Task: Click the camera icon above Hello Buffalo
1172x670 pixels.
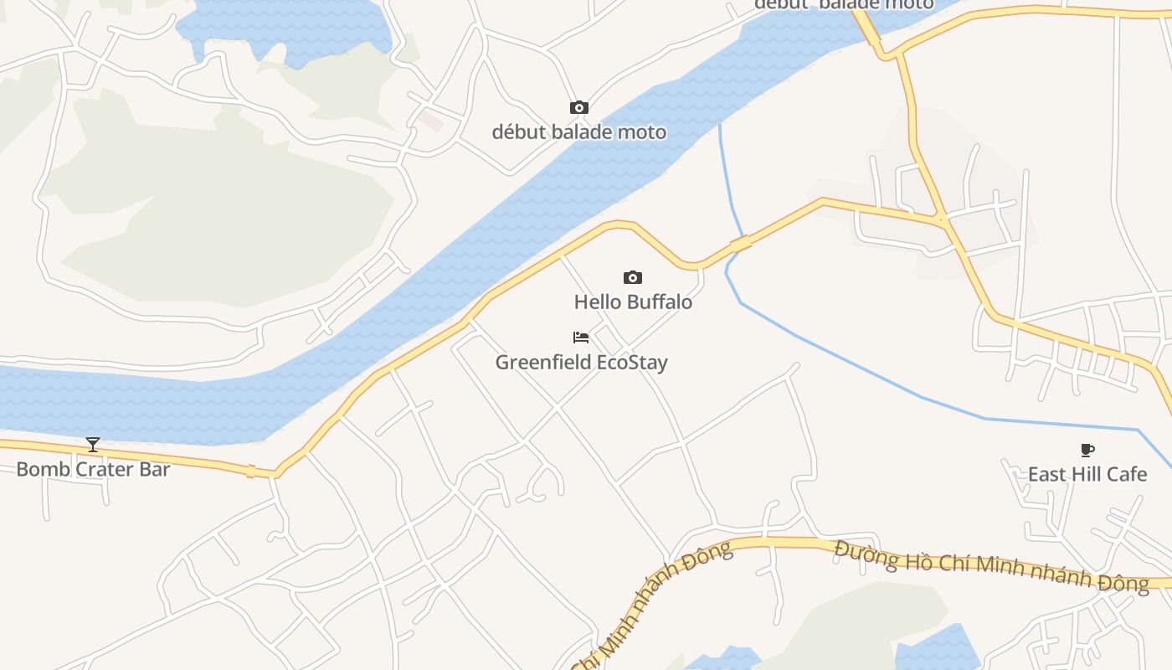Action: click(633, 277)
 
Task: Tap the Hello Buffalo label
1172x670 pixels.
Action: click(633, 302)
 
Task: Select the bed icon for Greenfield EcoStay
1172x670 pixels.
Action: click(581, 338)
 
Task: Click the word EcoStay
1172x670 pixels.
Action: click(632, 363)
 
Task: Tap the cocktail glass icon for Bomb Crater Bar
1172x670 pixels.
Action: click(93, 445)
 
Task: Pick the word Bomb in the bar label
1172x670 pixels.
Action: click(39, 469)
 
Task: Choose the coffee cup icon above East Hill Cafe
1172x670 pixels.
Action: click(1087, 450)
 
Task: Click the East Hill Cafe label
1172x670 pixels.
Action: click(1087, 474)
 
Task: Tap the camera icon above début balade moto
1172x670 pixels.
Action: click(578, 107)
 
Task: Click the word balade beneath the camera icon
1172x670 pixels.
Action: click(579, 132)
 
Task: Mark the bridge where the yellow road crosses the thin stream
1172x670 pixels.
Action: click(741, 244)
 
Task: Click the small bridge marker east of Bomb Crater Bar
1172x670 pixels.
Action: click(250, 471)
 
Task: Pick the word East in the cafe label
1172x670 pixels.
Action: click(1046, 474)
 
